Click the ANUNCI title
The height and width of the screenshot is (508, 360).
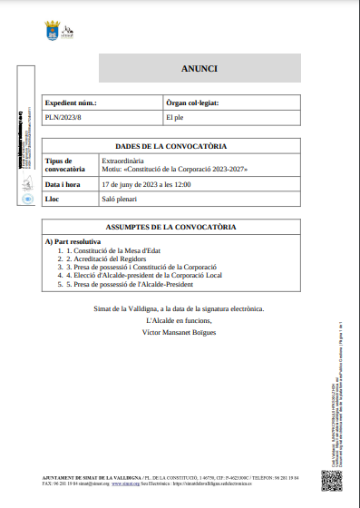(199, 68)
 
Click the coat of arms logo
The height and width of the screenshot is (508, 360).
(53, 32)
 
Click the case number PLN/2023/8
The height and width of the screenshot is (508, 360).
(63, 118)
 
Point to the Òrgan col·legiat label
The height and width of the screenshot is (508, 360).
(199, 103)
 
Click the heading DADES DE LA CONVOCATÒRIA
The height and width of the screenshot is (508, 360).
(171, 146)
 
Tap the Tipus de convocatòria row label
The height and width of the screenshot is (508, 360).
(65, 164)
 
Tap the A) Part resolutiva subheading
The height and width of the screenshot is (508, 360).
(73, 242)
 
